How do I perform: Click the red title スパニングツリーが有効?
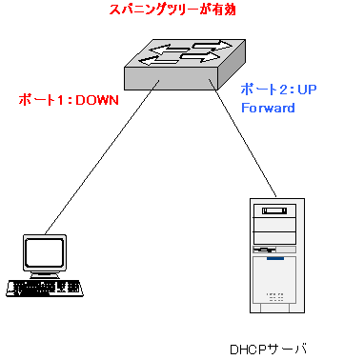(172, 10)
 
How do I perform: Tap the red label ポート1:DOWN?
(69, 100)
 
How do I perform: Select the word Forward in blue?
(268, 108)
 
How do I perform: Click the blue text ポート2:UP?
(278, 90)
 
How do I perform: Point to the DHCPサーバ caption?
(269, 350)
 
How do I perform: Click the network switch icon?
(185, 65)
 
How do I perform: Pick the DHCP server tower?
(277, 255)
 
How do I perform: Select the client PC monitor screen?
(45, 252)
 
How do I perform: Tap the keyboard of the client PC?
(45, 289)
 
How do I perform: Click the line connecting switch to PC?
(102, 157)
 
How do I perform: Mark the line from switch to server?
(242, 138)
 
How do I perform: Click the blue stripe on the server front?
(275, 259)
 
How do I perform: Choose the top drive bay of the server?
(274, 210)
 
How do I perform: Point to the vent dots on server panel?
(274, 297)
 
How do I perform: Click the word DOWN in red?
(97, 100)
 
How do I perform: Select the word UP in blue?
(307, 90)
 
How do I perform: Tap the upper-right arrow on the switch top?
(212, 45)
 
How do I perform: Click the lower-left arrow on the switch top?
(158, 60)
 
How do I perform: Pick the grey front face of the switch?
(172, 78)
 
